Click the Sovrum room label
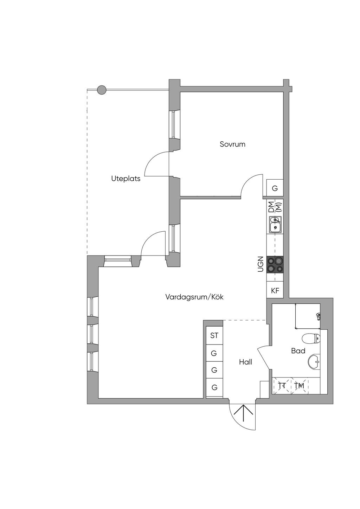(x=232, y=144)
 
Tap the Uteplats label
(x=126, y=179)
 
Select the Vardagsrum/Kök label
(x=194, y=297)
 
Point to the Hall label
(x=245, y=362)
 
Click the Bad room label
(x=298, y=351)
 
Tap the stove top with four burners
(x=275, y=264)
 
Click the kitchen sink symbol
(x=275, y=225)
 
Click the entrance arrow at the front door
(x=243, y=413)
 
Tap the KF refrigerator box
(x=275, y=290)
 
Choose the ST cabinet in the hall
(x=214, y=335)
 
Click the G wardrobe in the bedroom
(x=275, y=188)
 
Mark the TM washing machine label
(x=299, y=386)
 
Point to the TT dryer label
(x=282, y=386)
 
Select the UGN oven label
(x=261, y=264)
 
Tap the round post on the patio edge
(x=101, y=90)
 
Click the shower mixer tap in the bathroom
(x=318, y=316)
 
